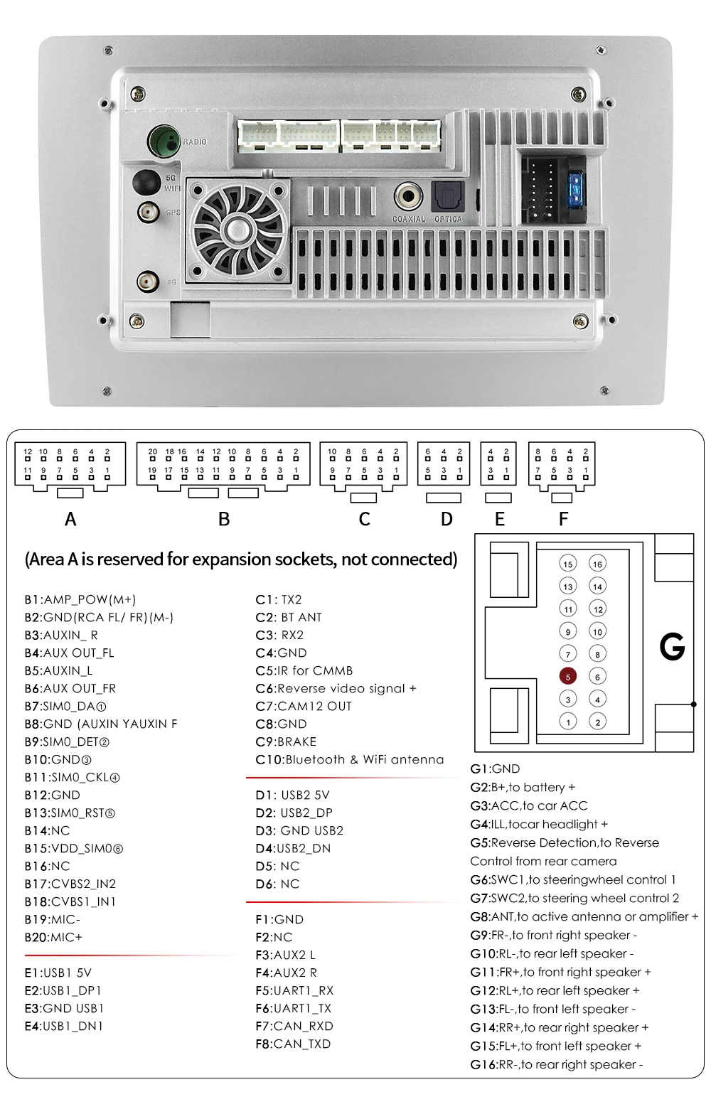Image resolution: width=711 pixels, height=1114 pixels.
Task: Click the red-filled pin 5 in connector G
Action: tap(567, 677)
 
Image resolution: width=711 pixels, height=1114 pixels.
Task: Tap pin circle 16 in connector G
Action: tap(597, 564)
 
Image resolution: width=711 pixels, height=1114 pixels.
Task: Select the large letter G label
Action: tap(672, 647)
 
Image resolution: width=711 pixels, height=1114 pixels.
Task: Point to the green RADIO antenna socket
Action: tap(163, 141)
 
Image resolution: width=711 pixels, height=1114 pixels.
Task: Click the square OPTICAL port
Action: tap(448, 196)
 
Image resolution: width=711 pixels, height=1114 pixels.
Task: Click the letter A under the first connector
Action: tap(70, 520)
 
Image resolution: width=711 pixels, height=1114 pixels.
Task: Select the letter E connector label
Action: tap(499, 520)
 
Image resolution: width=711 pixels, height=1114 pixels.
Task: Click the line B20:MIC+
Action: tap(53, 937)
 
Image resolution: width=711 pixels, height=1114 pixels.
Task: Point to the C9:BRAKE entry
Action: tap(286, 741)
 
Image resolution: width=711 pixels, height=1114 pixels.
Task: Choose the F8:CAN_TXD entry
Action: tap(292, 1044)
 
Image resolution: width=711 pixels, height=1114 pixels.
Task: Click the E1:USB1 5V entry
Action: tap(58, 973)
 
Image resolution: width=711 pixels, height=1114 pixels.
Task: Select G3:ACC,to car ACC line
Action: tap(528, 805)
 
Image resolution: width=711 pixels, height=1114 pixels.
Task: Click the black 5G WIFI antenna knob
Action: tap(146, 182)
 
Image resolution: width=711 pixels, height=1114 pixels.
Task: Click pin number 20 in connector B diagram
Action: tap(152, 451)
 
